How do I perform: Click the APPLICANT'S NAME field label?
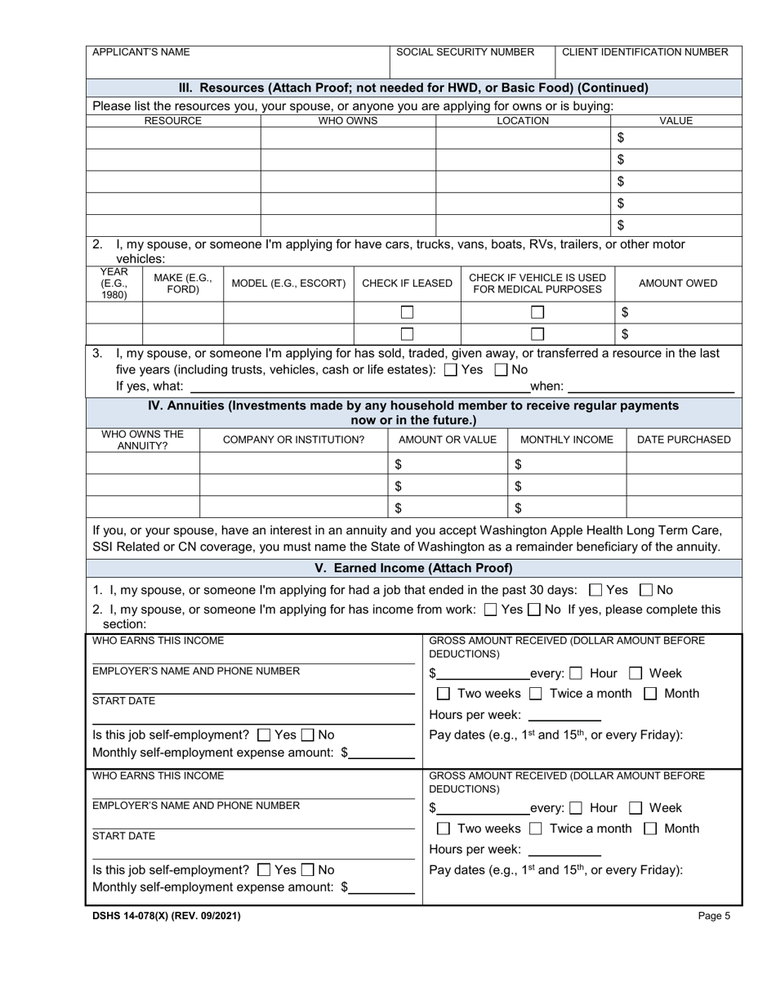(x=140, y=52)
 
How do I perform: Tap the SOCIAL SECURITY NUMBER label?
(x=465, y=52)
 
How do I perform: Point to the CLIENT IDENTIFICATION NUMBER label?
(x=644, y=52)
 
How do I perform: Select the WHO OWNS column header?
(x=348, y=121)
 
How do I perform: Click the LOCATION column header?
(x=523, y=121)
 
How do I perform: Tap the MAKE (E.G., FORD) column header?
(x=183, y=284)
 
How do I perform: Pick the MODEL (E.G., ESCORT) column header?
(x=288, y=284)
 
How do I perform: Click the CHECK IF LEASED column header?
(x=407, y=284)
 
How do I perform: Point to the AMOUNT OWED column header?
(x=677, y=284)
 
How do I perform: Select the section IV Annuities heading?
(x=413, y=413)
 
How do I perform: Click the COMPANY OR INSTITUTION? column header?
(x=294, y=440)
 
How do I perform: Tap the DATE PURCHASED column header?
(x=683, y=440)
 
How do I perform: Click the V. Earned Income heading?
(x=413, y=568)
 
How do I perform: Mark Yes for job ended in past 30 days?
(x=595, y=590)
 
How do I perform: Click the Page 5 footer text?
(x=714, y=916)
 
